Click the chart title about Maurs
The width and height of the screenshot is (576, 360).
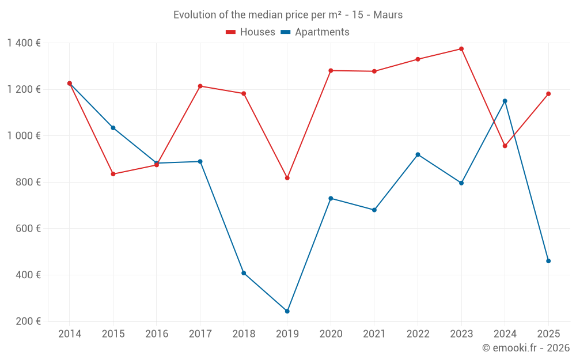(288, 15)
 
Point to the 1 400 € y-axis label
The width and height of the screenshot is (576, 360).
(24, 43)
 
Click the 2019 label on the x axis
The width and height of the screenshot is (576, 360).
(287, 334)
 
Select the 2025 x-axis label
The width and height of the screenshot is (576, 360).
(548, 334)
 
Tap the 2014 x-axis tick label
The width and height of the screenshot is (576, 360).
(70, 334)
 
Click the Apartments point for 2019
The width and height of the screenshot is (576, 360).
(287, 312)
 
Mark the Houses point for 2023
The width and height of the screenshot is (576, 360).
(461, 49)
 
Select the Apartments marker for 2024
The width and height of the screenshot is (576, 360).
(505, 101)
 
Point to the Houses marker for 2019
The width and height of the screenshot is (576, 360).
(287, 178)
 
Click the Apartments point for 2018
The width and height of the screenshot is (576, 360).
(244, 273)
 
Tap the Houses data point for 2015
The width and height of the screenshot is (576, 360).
(113, 174)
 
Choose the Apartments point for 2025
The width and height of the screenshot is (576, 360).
(548, 261)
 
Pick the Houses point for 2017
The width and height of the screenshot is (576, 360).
(200, 86)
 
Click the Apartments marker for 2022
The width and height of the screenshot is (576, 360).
(418, 154)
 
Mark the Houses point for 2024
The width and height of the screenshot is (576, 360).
(505, 146)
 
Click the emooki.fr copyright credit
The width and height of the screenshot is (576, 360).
(526, 348)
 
